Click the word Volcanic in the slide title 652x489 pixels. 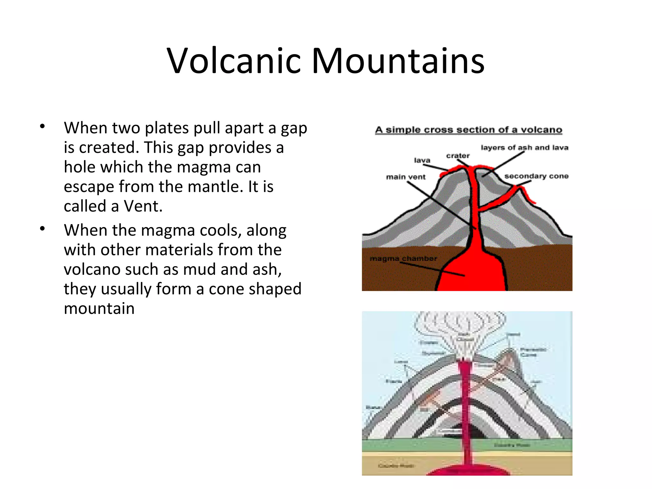pyautogui.click(x=234, y=61)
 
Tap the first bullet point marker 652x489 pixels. pyautogui.click(x=43, y=127)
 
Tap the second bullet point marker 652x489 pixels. pyautogui.click(x=43, y=229)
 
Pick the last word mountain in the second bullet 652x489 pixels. pyautogui.click(x=99, y=309)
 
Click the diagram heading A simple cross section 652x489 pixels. pyautogui.click(x=468, y=130)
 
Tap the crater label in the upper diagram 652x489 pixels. pyautogui.click(x=457, y=156)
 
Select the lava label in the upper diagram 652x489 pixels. pyautogui.click(x=422, y=160)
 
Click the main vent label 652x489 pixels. pyautogui.click(x=406, y=177)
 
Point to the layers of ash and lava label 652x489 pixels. pyautogui.click(x=524, y=148)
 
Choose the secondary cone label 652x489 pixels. pyautogui.click(x=536, y=176)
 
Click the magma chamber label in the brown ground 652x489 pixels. pyautogui.click(x=403, y=259)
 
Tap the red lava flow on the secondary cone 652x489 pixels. pyautogui.click(x=527, y=194)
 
